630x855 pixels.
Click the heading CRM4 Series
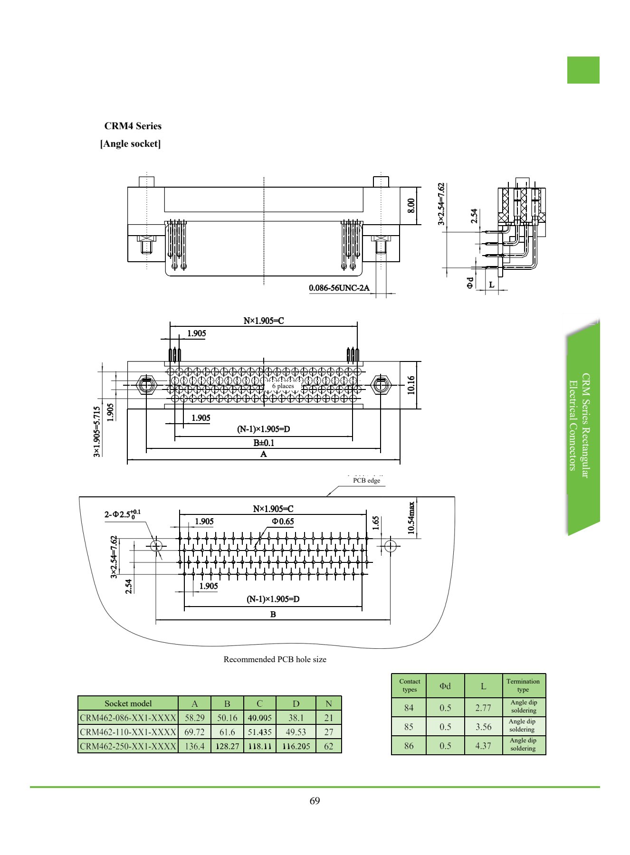coord(133,126)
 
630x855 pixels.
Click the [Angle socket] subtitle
coord(131,143)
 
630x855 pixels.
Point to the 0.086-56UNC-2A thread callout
coord(339,288)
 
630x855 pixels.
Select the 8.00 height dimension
coord(411,206)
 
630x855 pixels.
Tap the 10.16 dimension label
coord(411,385)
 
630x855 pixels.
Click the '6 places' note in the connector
coord(283,386)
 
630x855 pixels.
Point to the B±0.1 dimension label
coord(264,443)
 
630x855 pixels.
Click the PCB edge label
coord(366,480)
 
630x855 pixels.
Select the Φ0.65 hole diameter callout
coord(283,522)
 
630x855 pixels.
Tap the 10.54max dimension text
coord(411,518)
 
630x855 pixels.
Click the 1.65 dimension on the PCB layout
coord(376,522)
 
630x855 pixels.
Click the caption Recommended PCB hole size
coord(275,659)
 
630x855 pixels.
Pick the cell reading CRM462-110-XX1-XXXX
coord(128,732)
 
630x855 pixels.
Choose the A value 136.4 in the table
coord(195,746)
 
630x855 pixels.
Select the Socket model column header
coord(128,703)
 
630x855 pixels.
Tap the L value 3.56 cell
coord(484,727)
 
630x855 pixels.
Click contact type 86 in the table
coord(409,746)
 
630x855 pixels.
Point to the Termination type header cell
coord(524,685)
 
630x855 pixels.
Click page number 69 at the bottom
coord(315,801)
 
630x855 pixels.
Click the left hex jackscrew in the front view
coord(146,385)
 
